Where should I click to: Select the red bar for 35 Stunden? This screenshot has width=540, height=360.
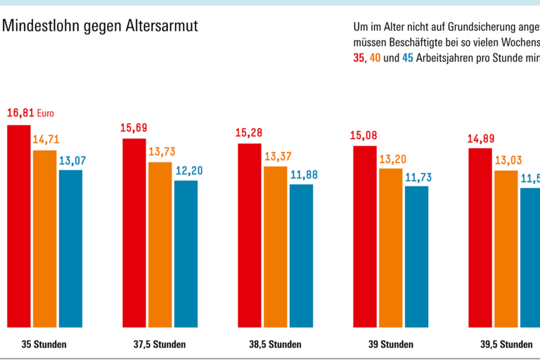(18, 226)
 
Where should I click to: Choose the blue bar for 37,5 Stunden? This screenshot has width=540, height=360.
(186, 254)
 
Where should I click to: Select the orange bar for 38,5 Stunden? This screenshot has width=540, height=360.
(275, 247)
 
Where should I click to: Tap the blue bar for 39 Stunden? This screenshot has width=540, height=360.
(416, 257)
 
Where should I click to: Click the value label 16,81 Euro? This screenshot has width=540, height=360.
(30, 112)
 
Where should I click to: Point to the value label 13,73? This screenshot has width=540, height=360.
(160, 151)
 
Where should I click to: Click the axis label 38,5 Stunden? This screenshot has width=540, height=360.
(275, 345)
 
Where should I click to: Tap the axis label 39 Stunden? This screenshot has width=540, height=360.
(390, 345)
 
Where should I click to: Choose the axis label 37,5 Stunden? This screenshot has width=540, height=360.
(160, 345)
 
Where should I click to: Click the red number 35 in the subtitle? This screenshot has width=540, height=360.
(359, 59)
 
